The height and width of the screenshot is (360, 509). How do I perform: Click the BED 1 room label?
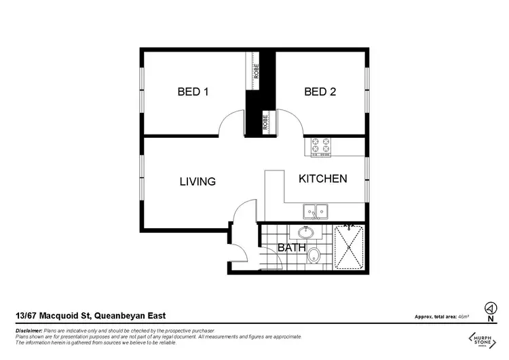coord(193,92)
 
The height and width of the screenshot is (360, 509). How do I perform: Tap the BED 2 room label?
coord(320,92)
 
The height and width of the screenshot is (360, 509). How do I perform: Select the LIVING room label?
coord(197,181)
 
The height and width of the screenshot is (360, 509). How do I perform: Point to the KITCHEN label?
coord(323,179)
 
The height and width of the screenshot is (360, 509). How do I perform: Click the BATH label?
coord(291,248)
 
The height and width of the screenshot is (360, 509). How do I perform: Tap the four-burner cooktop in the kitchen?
coord(320,146)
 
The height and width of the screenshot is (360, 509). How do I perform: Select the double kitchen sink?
coord(314,211)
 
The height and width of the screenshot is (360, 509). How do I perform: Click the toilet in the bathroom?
coord(314,256)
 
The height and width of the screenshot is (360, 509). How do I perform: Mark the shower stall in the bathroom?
coord(350,247)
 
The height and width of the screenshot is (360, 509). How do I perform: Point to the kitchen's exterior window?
coord(367,175)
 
